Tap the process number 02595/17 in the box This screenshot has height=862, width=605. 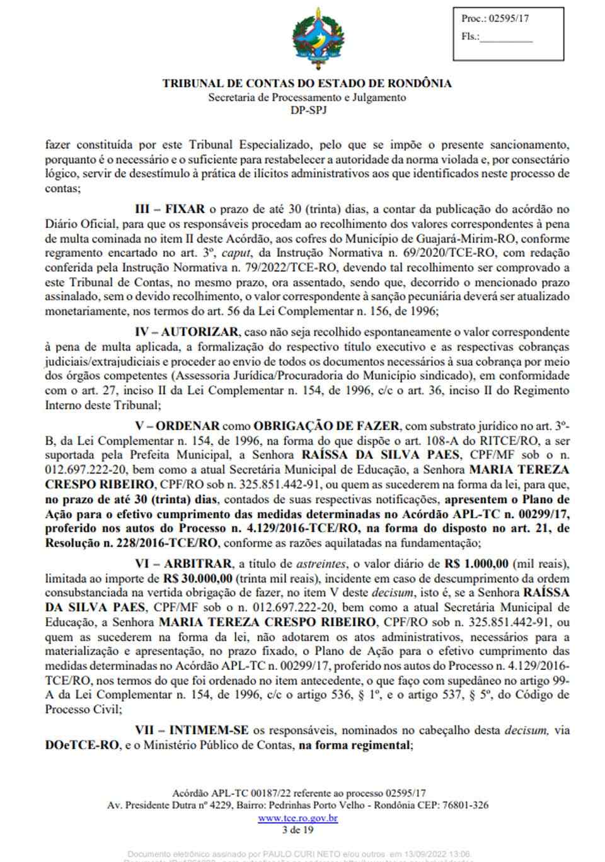tap(504, 18)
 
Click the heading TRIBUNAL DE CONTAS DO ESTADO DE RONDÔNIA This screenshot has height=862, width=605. tap(307, 83)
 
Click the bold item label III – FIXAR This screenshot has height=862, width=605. tap(170, 210)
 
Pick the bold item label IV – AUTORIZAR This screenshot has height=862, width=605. tap(187, 332)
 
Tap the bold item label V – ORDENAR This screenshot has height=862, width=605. tap(177, 426)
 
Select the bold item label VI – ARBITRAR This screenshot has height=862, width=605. tap(182, 564)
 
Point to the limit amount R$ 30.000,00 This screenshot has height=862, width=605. tap(198, 578)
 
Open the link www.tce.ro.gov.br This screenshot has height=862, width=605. tap(297, 819)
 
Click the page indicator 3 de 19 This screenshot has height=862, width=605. tap(298, 831)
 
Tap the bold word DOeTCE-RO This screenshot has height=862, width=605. tap(81, 745)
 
